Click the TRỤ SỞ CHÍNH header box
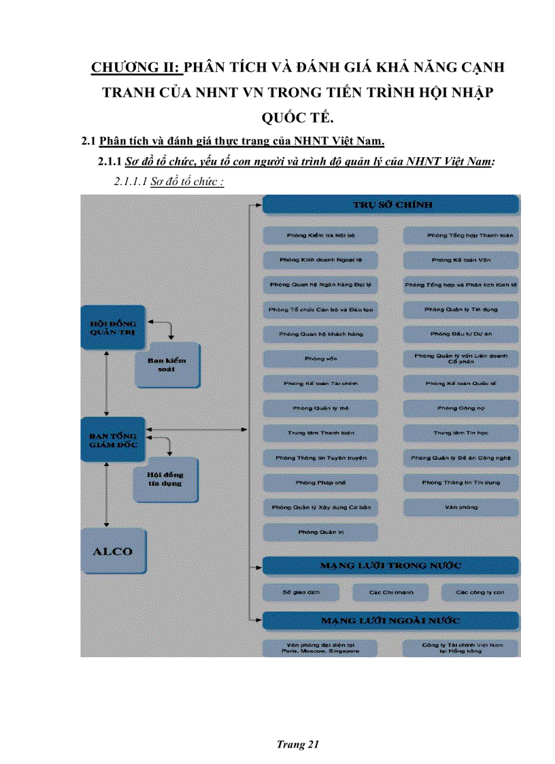pos(390,205)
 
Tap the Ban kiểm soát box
pos(167,365)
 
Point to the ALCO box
pos(113,551)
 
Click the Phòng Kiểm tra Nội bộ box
pos(320,235)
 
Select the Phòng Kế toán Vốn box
pos(460,260)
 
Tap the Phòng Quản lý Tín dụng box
pos(460,310)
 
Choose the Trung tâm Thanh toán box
pos(320,433)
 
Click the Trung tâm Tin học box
pos(460,433)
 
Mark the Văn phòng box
pos(460,507)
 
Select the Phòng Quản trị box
pos(320,532)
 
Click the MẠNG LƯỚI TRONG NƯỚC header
pos(390,565)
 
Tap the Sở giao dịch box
pos(301,593)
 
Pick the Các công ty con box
pos(480,593)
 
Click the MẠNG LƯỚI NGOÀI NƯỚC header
pos(390,620)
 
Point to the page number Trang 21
pos(298,744)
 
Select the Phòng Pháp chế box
pos(320,482)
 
